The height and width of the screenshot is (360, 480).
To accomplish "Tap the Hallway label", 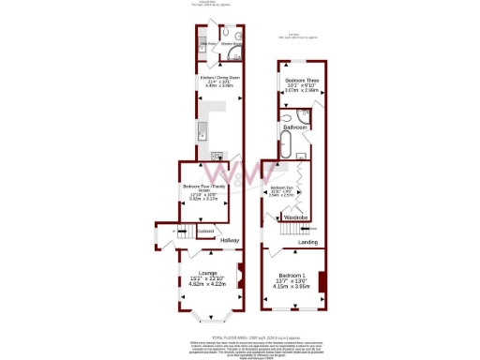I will click(x=230, y=241).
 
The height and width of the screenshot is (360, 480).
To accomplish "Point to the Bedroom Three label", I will click(x=302, y=80).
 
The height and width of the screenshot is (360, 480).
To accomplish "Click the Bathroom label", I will click(x=296, y=126).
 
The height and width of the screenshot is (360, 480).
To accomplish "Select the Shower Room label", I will click(x=232, y=44).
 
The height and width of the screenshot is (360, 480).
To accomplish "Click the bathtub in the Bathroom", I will click(x=287, y=146).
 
